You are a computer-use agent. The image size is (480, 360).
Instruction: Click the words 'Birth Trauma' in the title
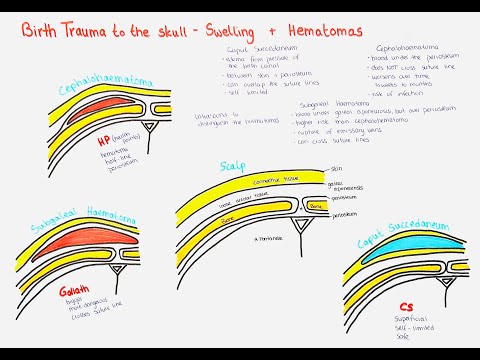coord(66,31)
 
